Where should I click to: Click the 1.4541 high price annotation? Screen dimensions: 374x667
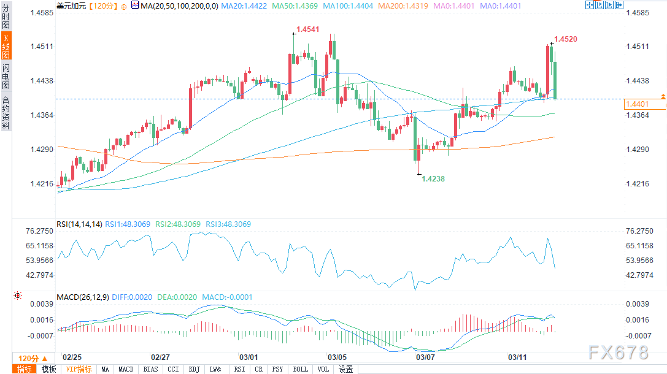pyautogui.click(x=307, y=29)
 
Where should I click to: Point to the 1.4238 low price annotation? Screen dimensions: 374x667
pyautogui.click(x=433, y=178)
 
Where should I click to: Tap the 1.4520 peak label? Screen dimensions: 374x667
pyautogui.click(x=565, y=39)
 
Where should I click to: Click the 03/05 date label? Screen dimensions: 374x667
pyautogui.click(x=337, y=356)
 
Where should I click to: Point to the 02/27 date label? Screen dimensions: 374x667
pyautogui.click(x=160, y=356)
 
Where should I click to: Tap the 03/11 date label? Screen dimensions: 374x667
pyautogui.click(x=517, y=356)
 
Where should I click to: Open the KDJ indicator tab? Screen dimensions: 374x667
pyautogui.click(x=194, y=369)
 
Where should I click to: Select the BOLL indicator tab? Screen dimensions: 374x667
pyautogui.click(x=300, y=369)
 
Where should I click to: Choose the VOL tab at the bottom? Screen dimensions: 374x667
pyautogui.click(x=323, y=369)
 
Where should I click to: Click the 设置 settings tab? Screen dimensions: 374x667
pyautogui.click(x=345, y=369)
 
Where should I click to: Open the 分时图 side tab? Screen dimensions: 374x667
pyautogui.click(x=6, y=17)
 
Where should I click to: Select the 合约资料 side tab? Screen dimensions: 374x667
pyautogui.click(x=6, y=113)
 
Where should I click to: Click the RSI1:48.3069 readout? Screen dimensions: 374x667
pyautogui.click(x=128, y=224)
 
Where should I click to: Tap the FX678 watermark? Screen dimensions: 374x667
pyautogui.click(x=618, y=353)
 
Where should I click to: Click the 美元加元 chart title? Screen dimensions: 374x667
pyautogui.click(x=71, y=6)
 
